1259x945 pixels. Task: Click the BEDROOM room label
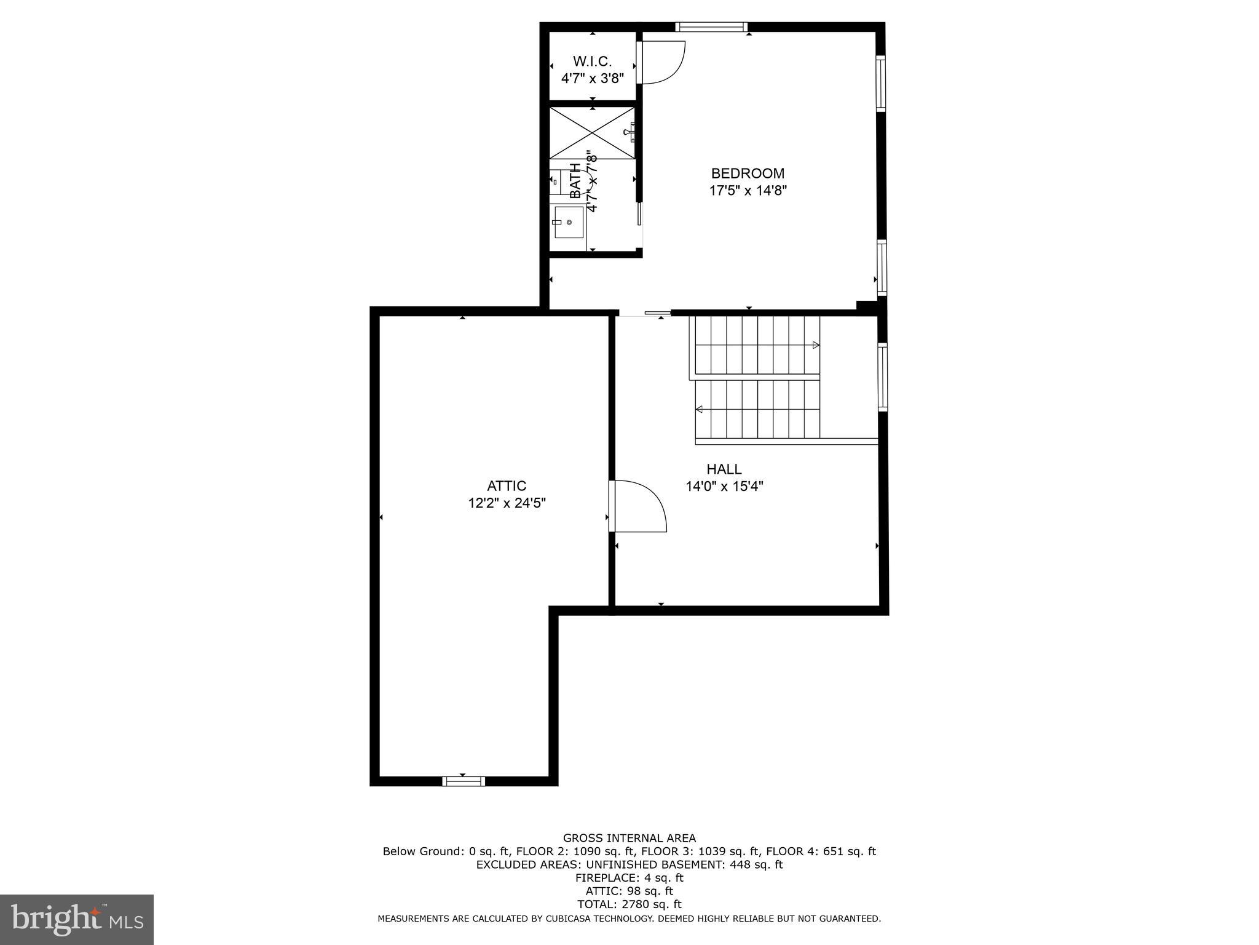tap(748, 173)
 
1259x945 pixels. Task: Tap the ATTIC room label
tap(507, 486)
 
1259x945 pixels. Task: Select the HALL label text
tap(724, 469)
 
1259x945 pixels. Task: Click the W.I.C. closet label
tap(592, 62)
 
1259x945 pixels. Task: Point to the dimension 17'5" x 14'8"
tap(748, 191)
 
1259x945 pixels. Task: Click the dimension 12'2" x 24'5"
tap(507, 503)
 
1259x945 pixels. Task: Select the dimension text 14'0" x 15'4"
tap(724, 487)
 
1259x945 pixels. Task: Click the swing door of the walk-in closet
tap(661, 62)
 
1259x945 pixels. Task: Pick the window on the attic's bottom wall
tap(463, 781)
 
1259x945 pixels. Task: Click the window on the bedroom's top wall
tap(711, 26)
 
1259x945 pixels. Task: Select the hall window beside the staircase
tap(882, 377)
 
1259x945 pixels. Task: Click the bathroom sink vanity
tap(568, 222)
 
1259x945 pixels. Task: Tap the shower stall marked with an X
tap(591, 132)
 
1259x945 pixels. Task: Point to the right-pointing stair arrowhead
tap(816, 345)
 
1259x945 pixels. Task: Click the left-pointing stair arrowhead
tap(699, 409)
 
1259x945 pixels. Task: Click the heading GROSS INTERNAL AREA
tap(629, 838)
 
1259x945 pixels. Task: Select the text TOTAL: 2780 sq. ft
tap(629, 904)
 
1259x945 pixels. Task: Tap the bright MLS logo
tap(77, 919)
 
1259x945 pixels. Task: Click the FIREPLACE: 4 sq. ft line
tap(629, 878)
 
